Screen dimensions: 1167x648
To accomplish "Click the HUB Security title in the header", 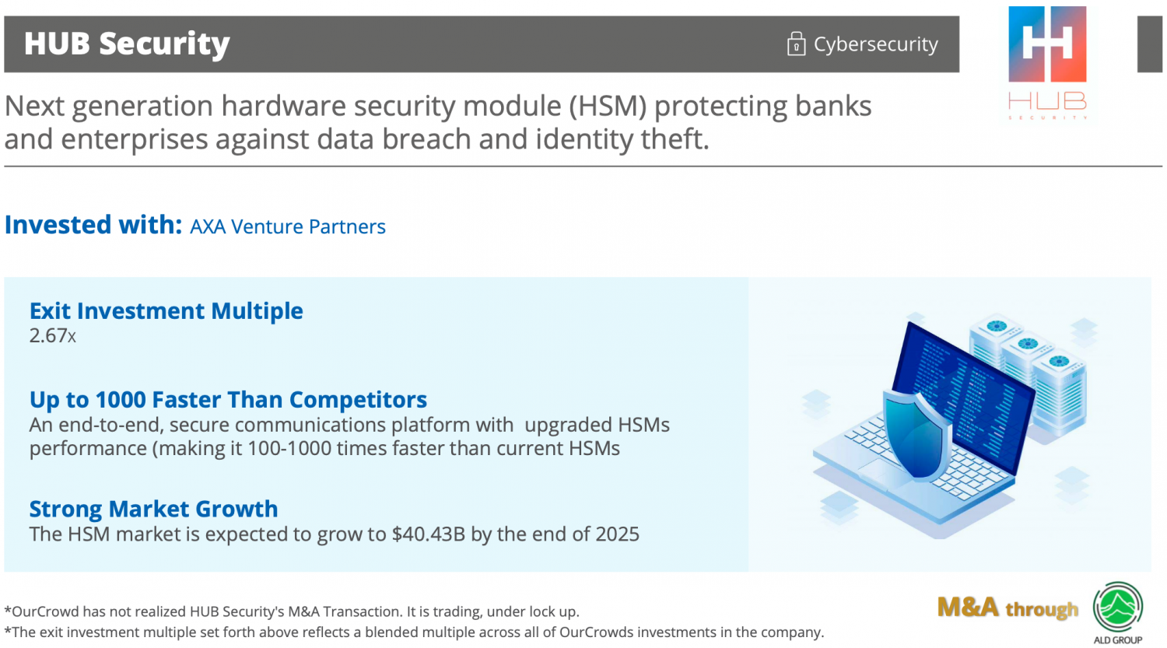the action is [127, 44].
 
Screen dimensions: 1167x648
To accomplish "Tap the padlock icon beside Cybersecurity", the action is [796, 44].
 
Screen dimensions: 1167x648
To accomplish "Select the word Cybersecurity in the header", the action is [876, 44].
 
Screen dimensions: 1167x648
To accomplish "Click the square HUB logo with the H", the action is [1047, 44].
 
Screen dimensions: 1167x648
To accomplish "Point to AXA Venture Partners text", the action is [288, 226].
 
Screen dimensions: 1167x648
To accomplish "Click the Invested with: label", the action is [93, 225].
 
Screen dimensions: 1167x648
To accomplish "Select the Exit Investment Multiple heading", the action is [166, 310].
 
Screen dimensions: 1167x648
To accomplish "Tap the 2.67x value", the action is [53, 335].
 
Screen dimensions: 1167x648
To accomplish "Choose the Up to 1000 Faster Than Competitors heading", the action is [228, 400].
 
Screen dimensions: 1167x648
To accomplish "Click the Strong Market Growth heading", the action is [154, 509].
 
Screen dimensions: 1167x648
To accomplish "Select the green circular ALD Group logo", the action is [1117, 607].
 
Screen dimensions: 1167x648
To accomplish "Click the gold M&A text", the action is [968, 608].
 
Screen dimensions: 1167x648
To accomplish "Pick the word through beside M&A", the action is [1042, 609].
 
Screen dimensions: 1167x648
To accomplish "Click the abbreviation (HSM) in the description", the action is [608, 107].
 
